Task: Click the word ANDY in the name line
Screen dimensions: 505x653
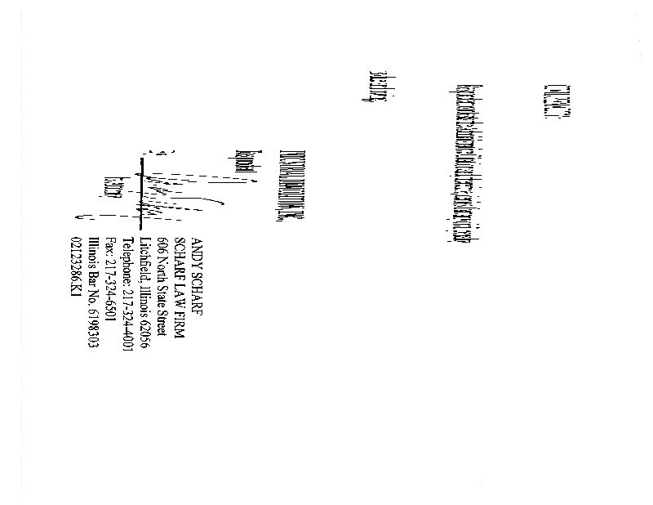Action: coord(195,249)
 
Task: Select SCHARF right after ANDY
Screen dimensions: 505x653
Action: coord(195,286)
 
